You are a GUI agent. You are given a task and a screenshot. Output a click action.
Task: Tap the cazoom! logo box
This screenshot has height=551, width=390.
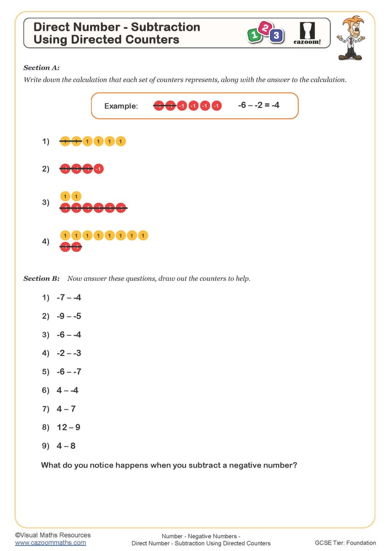(x=308, y=33)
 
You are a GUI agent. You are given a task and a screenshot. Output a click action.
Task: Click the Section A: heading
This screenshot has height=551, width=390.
(x=41, y=68)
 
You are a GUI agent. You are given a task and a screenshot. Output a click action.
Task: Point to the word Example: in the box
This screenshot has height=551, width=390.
(x=121, y=106)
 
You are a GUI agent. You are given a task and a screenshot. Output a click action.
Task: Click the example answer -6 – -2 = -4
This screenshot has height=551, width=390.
(x=259, y=105)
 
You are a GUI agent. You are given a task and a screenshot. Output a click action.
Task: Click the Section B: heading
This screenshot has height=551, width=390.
(x=41, y=279)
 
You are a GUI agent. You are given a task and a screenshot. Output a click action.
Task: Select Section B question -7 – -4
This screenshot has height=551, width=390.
(x=68, y=298)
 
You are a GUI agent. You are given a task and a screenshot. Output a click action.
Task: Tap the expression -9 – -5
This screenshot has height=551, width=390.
(x=68, y=316)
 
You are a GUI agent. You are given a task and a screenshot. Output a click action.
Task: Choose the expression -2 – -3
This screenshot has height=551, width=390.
(x=68, y=353)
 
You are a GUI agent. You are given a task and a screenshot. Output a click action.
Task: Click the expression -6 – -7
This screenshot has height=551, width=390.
(x=68, y=372)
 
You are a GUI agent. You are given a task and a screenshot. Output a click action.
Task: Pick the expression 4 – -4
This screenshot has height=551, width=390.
(x=67, y=390)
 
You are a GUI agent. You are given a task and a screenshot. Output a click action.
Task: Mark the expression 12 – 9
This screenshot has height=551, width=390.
(x=68, y=427)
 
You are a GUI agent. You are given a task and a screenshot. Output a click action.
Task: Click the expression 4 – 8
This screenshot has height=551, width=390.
(x=66, y=446)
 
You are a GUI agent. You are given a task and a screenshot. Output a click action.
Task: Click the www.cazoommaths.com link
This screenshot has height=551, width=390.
(x=50, y=543)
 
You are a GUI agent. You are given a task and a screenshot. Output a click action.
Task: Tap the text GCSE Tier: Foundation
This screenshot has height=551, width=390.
(x=345, y=543)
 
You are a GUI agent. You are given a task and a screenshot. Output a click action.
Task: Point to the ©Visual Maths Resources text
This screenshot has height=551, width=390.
(x=53, y=535)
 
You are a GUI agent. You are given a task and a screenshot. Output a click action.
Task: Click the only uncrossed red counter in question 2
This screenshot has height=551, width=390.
(x=98, y=169)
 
